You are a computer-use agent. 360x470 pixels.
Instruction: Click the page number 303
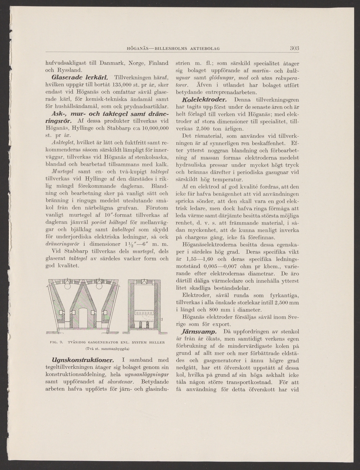tap(295, 48)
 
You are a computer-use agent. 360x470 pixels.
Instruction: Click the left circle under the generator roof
tap(67, 286)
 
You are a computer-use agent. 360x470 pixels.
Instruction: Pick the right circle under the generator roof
tap(98, 286)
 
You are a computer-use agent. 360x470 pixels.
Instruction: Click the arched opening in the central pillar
tap(82, 317)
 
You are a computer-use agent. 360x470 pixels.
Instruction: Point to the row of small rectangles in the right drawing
tap(143, 313)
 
